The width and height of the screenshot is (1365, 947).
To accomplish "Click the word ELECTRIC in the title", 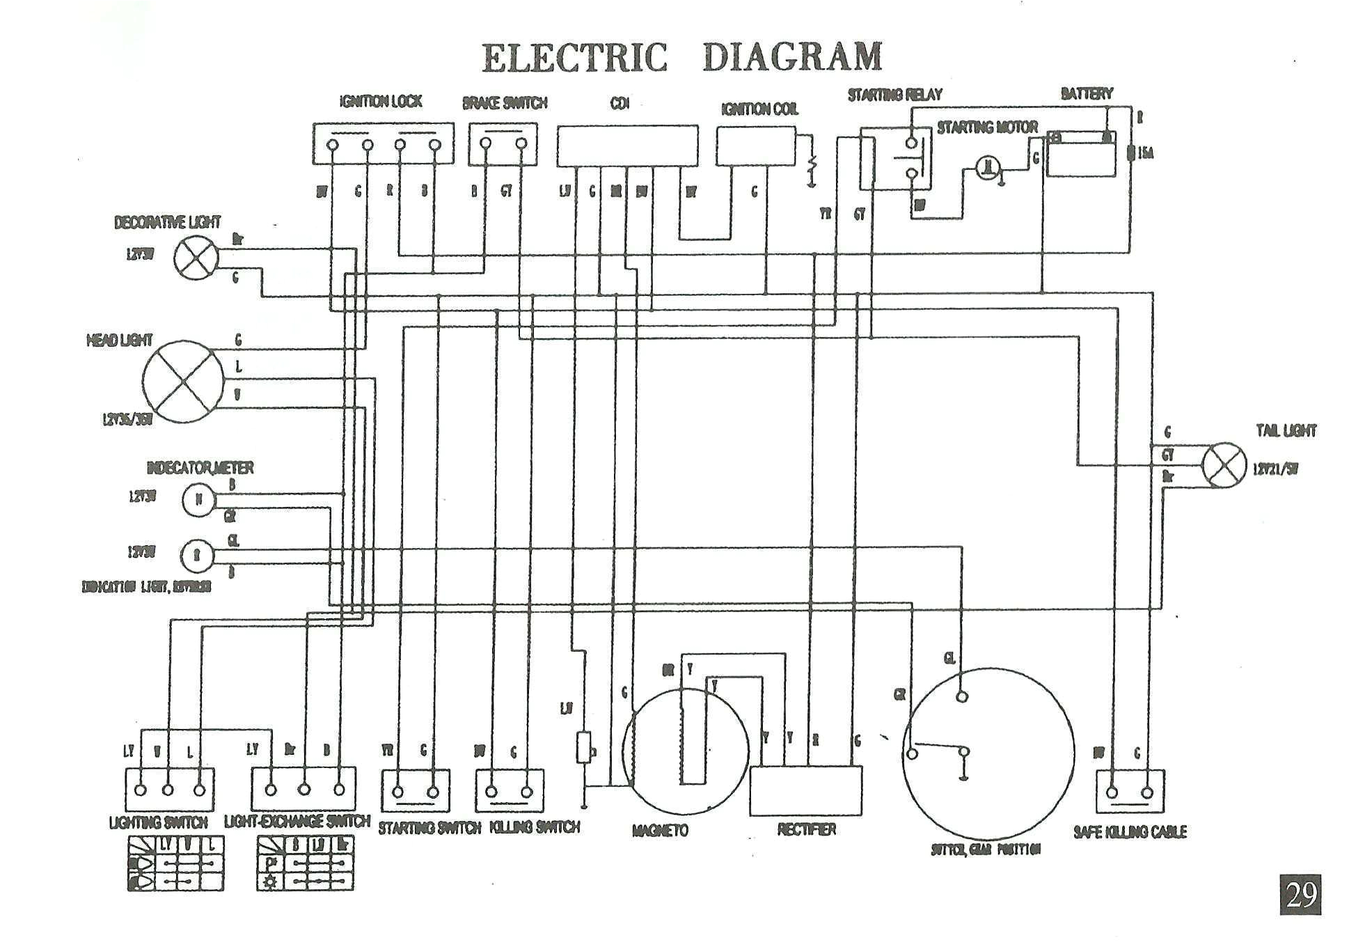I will point(574,57).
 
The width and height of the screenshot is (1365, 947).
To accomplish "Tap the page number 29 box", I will point(1300,895).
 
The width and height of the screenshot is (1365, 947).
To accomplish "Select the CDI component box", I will point(626,146).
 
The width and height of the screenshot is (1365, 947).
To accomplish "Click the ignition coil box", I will point(756,146).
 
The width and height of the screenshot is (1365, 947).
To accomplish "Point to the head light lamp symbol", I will point(184,381).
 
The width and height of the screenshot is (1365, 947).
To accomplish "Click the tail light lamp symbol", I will point(1224,465).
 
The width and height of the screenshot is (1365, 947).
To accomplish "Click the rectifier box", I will point(805,791).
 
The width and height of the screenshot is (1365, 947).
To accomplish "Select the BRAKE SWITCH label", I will point(505,103).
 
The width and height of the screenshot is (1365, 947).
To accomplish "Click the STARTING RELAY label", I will point(894,95).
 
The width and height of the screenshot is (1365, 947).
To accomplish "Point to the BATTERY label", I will point(1086,93).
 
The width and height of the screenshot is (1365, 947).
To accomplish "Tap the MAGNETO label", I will point(660,830).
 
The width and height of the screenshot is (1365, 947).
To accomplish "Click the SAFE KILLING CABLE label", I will point(1130,831).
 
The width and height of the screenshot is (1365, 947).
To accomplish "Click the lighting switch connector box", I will point(170,790).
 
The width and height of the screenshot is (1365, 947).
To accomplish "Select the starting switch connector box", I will point(416,790).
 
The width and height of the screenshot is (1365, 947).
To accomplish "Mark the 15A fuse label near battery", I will point(1145,152).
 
